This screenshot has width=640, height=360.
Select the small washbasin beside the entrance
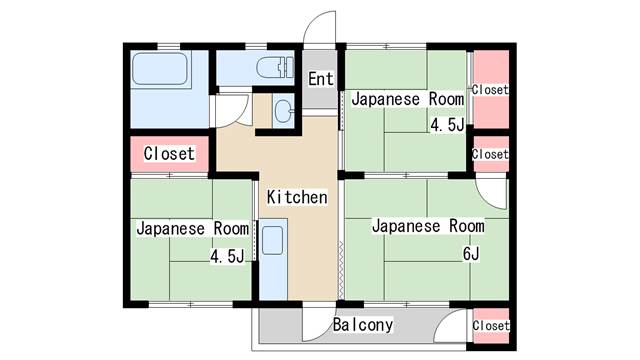[x=282, y=111]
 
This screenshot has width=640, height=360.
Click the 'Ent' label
[x=320, y=79]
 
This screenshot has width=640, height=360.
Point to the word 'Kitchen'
[x=296, y=197]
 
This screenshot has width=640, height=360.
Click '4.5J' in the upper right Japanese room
[x=446, y=125]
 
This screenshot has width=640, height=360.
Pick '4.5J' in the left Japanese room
[x=227, y=256]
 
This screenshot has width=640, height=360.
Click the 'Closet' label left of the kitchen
[x=169, y=154]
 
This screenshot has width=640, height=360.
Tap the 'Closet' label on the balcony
[x=490, y=326]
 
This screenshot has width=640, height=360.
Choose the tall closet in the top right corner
[x=491, y=89]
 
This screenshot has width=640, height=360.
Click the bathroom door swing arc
[x=231, y=108]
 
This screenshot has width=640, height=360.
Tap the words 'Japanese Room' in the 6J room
[x=427, y=226]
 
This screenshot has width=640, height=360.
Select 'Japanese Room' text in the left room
[x=185, y=228]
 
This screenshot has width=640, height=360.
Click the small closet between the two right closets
[x=490, y=154]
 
